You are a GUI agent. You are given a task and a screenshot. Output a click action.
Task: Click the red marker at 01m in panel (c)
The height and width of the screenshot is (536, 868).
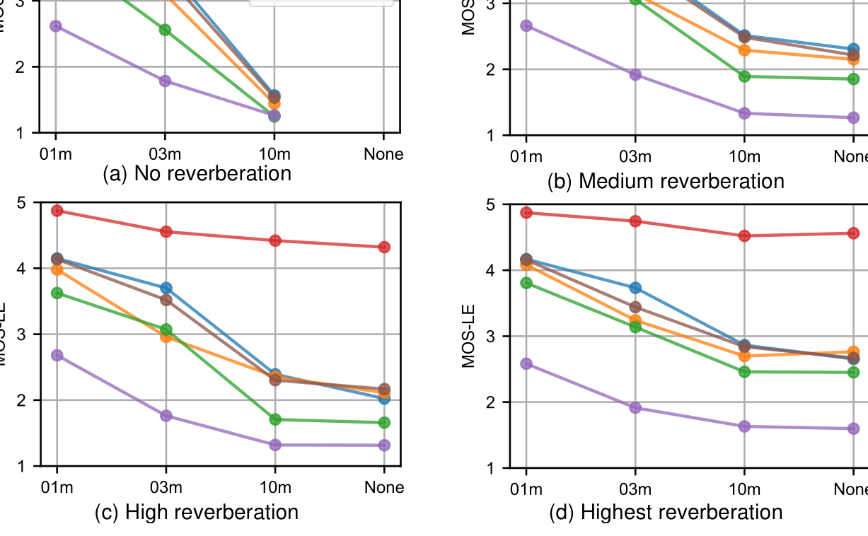[x=57, y=211]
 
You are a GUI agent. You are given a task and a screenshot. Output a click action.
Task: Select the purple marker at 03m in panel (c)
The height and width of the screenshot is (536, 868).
[x=166, y=416]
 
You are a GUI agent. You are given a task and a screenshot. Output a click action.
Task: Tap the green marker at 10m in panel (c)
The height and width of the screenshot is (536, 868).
[x=275, y=419]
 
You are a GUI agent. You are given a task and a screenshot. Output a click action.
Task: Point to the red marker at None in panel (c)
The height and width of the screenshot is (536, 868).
[x=384, y=247]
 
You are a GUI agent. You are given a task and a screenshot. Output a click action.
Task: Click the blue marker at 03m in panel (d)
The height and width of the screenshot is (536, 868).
[x=635, y=288]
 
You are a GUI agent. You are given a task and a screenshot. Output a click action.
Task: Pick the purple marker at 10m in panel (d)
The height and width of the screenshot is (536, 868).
[x=744, y=426]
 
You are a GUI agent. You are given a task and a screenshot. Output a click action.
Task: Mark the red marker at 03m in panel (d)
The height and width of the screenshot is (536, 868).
[x=635, y=221]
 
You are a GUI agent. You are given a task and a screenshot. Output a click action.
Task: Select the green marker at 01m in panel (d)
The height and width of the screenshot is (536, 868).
[x=526, y=283]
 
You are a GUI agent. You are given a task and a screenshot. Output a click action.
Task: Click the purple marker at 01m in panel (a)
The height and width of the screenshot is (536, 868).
[x=56, y=26]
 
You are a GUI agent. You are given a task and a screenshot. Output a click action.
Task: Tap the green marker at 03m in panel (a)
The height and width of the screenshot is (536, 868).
[x=165, y=30]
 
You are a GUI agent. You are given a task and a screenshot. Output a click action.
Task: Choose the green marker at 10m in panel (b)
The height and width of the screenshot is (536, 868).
[x=744, y=76]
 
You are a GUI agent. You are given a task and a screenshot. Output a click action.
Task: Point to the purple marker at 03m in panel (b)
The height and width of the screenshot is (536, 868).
[x=635, y=75]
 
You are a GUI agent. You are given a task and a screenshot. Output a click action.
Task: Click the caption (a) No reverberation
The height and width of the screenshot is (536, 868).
[x=197, y=173]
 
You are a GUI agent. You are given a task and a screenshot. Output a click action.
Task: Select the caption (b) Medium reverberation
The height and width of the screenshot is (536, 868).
[x=666, y=181]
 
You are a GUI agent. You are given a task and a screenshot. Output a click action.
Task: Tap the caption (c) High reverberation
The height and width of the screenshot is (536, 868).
[x=197, y=512]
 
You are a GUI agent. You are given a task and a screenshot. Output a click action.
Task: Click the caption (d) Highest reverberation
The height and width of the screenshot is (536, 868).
[x=666, y=512]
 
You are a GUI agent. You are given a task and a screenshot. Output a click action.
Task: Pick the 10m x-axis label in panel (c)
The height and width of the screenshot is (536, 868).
[x=275, y=487]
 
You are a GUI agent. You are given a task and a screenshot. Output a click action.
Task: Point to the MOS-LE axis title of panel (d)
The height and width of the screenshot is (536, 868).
[x=468, y=336]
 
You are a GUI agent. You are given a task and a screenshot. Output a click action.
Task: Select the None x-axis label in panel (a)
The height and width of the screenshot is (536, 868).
[x=383, y=154]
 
